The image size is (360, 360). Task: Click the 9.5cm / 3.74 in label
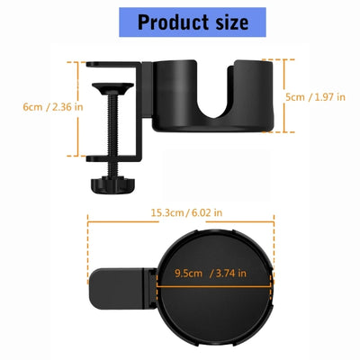(x=214, y=273)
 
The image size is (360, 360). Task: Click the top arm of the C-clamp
(x=112, y=65)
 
